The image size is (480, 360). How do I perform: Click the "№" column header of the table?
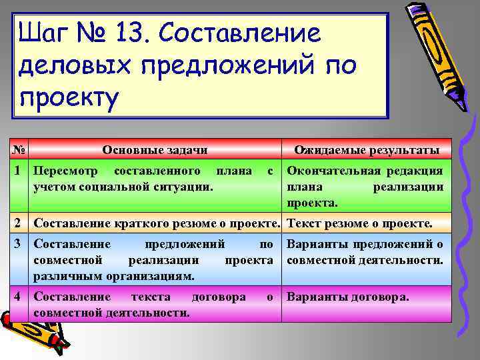click(x=20, y=149)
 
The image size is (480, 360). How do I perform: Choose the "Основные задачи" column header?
click(x=154, y=149)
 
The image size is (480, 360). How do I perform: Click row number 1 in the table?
click(x=20, y=171)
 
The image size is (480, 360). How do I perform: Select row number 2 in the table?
click(x=20, y=223)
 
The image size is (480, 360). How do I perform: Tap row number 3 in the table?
click(x=20, y=244)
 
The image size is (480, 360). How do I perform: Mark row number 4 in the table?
click(x=20, y=297)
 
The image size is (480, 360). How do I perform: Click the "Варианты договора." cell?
click(x=347, y=297)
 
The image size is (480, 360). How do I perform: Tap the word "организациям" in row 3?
click(x=148, y=275)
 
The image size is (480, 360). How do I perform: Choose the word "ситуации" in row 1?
click(x=185, y=187)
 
